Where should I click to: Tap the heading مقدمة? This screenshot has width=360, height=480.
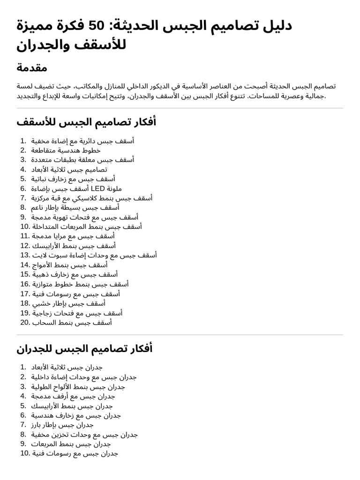[32, 67]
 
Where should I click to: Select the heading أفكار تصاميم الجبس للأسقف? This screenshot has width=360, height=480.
[86, 122]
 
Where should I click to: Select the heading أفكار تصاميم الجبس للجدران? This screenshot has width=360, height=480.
[84, 349]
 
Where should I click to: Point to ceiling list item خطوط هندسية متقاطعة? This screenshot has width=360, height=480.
[66, 150]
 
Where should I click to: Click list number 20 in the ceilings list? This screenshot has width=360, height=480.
[25, 322]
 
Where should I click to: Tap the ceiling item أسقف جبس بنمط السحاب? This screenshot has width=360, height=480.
[72, 322]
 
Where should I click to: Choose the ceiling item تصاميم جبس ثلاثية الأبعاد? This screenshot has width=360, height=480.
[69, 169]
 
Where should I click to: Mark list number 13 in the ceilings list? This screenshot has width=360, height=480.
[25, 255]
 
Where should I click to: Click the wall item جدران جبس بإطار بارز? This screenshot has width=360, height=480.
[62, 425]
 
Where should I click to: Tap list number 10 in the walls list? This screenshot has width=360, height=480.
[25, 453]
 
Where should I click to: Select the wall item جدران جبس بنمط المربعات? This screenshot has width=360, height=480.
[71, 444]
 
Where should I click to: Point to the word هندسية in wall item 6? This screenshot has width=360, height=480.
[44, 415]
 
